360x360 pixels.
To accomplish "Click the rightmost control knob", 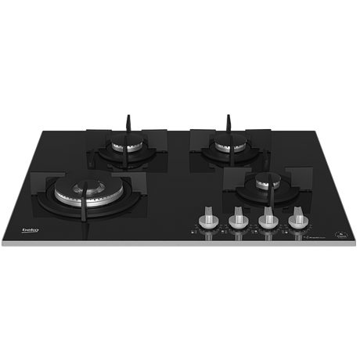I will tap(296, 220).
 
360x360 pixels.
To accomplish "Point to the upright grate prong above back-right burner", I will tap(229, 121).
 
